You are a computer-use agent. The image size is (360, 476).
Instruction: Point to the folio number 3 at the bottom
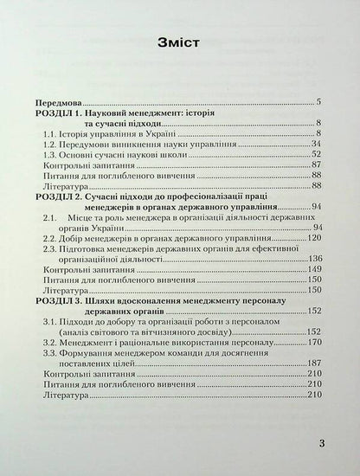coord(320,445)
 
